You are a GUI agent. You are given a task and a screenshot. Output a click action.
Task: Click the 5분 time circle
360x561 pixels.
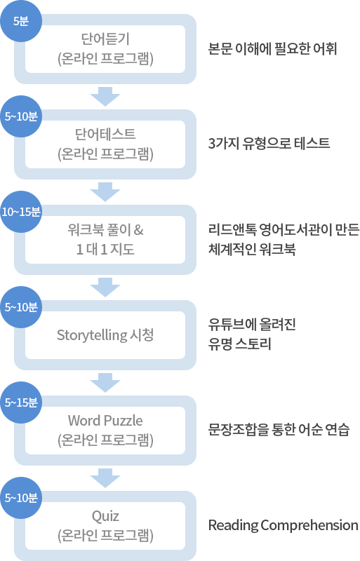(21, 21)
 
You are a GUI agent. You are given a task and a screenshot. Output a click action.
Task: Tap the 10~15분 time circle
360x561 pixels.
(21, 212)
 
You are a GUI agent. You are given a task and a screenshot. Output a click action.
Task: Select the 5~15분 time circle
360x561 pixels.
(21, 403)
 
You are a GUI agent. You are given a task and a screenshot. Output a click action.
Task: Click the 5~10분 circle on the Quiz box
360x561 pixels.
(21, 498)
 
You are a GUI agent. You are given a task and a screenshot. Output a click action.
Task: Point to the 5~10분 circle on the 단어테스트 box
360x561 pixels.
(21, 116)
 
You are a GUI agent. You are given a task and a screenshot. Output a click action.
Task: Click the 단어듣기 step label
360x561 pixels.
(105, 39)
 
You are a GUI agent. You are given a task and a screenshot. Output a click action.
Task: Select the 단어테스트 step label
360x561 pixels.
(105, 134)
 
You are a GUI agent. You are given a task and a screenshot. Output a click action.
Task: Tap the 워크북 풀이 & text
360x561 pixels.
(105, 230)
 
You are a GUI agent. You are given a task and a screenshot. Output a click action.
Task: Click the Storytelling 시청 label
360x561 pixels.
(105, 335)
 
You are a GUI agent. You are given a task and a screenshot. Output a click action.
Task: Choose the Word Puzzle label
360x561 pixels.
(105, 420)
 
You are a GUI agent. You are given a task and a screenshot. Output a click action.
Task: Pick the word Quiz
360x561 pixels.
(105, 516)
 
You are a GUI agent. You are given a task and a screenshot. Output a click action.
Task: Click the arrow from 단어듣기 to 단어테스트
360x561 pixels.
(105, 97)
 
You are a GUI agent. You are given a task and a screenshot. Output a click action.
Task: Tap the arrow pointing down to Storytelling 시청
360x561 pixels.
(105, 288)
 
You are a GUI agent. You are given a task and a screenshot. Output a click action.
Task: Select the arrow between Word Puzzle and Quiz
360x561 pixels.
(105, 478)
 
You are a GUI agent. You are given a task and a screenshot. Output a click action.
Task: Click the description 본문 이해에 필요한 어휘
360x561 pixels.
(272, 48)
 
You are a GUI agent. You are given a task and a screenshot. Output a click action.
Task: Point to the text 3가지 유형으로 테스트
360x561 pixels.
(269, 144)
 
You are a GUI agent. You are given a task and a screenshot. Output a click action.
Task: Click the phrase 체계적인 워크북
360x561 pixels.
(252, 249)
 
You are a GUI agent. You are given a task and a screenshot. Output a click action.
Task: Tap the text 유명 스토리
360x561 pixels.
(239, 344)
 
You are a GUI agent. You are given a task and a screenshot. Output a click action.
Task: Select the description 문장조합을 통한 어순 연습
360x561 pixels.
(279, 429)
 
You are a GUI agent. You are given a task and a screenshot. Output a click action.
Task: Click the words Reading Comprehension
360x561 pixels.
(283, 525)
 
